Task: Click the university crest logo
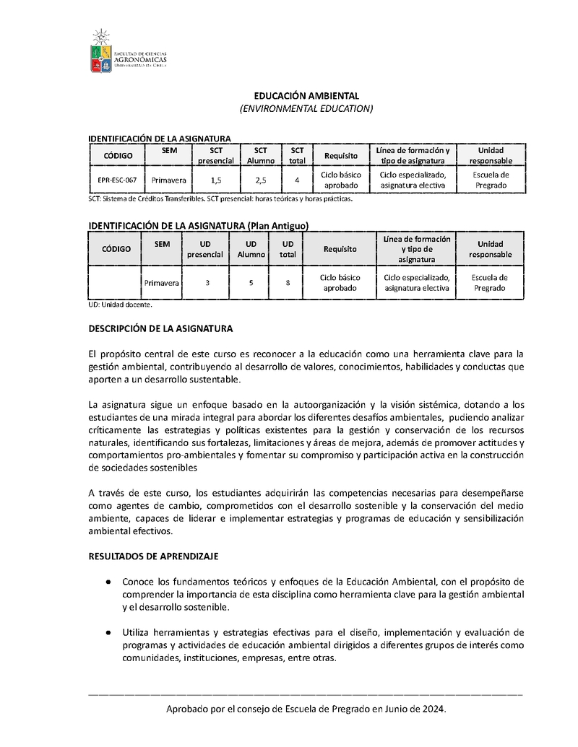pos(101,53)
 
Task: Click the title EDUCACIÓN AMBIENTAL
pos(306,96)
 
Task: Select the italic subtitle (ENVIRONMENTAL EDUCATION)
pos(306,108)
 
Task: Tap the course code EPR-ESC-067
pos(117,180)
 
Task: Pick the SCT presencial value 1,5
pos(216,180)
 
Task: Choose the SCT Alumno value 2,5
pos(261,180)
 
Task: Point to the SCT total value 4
pos(297,180)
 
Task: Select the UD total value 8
pos(288,283)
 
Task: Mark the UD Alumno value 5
pos(251,283)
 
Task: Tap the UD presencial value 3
pos(207,283)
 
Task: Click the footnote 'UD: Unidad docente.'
pos(120,305)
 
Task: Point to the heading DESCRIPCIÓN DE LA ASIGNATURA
pos(160,328)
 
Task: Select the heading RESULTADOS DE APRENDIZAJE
pos(148,556)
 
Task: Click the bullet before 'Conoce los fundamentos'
pos(108,581)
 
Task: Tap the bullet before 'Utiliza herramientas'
pos(108,632)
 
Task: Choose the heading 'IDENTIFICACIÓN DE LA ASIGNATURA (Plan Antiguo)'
pos(198,226)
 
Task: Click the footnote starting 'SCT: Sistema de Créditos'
pos(220,198)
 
